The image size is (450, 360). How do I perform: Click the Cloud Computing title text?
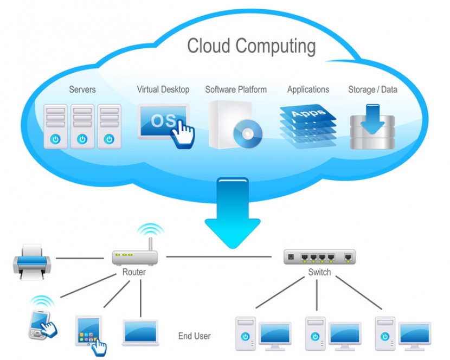pos(251,46)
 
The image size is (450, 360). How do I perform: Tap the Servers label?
pos(82,89)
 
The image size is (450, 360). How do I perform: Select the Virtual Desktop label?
pos(163,89)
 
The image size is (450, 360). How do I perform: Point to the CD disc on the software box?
pos(247,133)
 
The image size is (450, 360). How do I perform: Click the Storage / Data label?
pos(372,89)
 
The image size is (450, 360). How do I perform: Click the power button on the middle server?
pos(82,139)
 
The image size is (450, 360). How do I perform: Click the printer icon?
pos(32,261)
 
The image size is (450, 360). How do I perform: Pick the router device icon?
pos(134,256)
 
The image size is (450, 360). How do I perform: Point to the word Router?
pos(134,272)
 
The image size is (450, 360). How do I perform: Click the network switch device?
pos(319,256)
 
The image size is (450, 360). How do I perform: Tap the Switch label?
pos(319,272)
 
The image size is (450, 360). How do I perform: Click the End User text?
pos(194,336)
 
